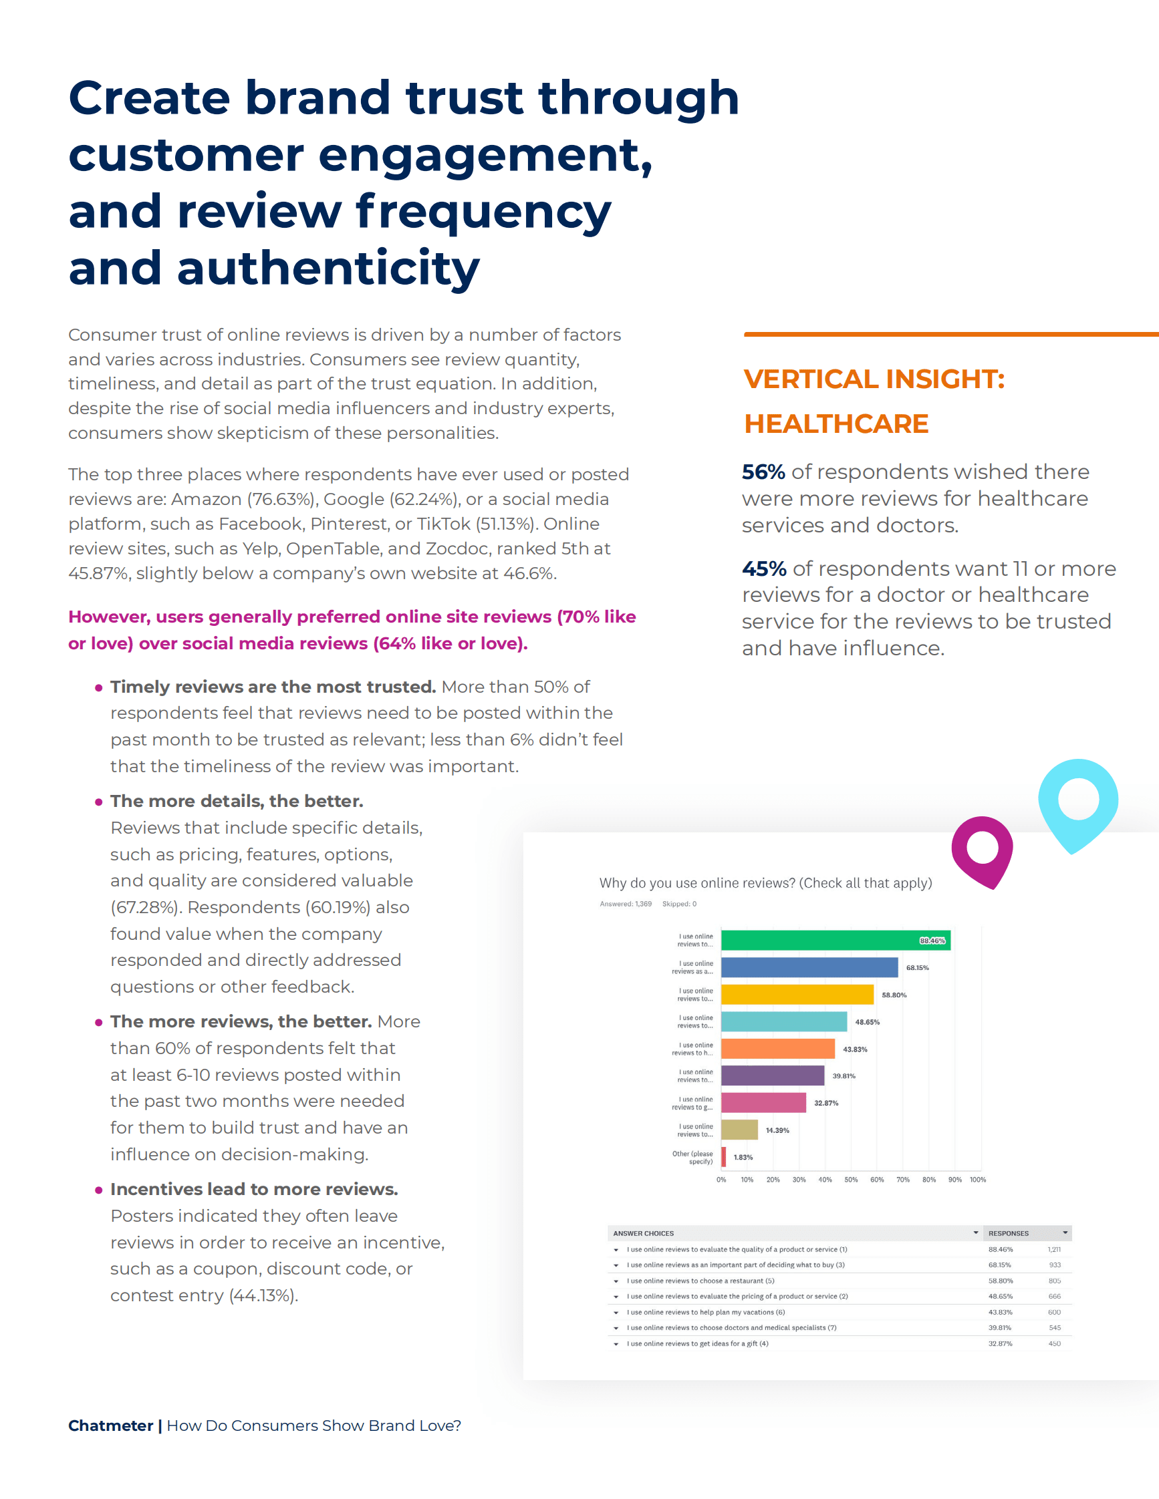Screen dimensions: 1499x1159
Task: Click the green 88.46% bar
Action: pos(834,941)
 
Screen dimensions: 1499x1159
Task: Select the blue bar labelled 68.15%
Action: pos(809,967)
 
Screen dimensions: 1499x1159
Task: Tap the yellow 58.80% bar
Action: pos(797,995)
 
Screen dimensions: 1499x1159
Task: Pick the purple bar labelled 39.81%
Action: pos(772,1075)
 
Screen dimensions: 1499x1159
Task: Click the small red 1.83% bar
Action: pos(724,1157)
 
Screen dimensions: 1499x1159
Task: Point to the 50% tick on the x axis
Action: pos(851,1180)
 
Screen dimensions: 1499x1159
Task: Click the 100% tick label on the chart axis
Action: pos(978,1180)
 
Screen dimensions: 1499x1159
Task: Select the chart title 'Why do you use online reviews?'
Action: pos(765,883)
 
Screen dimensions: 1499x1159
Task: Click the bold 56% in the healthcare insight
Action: pos(763,472)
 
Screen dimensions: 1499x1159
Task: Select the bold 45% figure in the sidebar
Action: pos(763,569)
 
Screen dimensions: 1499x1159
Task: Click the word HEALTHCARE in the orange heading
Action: pos(835,424)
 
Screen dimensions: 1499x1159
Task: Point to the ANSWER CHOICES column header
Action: pos(644,1233)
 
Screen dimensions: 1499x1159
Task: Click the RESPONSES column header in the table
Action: pos(1008,1233)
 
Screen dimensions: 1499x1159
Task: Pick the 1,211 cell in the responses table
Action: pos(1054,1249)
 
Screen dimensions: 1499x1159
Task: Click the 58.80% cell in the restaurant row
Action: pos(1001,1281)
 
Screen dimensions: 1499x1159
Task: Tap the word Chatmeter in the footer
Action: pos(110,1426)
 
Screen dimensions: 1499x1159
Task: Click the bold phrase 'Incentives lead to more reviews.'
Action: pos(254,1190)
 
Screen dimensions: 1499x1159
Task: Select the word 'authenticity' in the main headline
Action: pos(328,268)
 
